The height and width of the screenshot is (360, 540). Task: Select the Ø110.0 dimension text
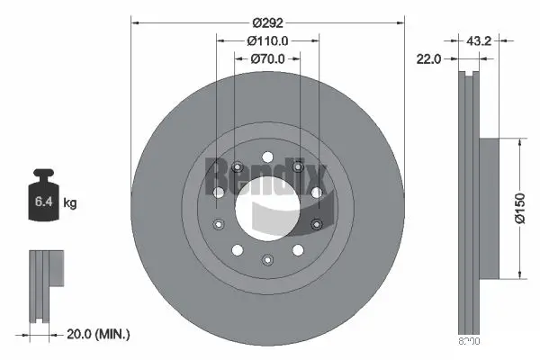(x=268, y=40)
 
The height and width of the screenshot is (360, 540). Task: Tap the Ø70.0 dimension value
(x=267, y=58)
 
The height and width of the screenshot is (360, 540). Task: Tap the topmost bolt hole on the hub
(x=268, y=159)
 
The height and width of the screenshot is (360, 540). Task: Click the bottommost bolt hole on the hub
(x=267, y=259)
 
